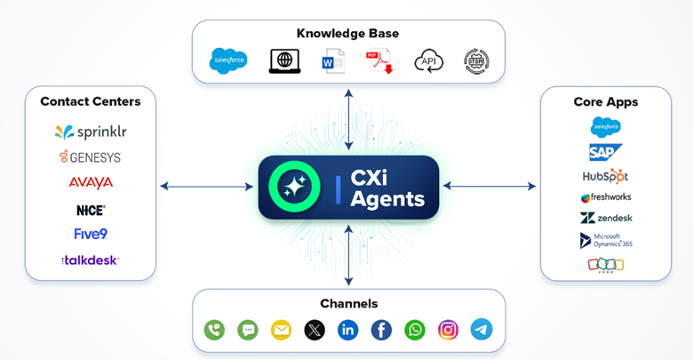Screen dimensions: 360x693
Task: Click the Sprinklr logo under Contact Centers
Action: [x=91, y=132]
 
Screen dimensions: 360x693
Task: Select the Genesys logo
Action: [x=91, y=157]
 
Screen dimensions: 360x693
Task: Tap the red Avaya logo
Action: [x=91, y=183]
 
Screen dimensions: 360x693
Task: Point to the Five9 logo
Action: [x=91, y=235]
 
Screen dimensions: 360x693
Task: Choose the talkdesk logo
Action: [x=91, y=260]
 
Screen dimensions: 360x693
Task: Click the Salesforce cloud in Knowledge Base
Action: [x=228, y=61]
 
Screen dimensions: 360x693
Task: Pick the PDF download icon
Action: [x=379, y=61]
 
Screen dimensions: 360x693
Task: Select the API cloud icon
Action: [x=428, y=61]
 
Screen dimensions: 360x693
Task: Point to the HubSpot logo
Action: [x=605, y=175]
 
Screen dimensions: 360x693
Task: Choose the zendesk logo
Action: [x=606, y=218]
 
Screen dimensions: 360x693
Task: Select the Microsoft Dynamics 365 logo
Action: [x=606, y=241]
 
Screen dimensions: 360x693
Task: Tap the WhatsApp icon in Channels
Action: [x=415, y=330]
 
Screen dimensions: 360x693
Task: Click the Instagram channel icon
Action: [x=449, y=330]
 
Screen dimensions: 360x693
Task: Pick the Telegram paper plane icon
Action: [x=482, y=330]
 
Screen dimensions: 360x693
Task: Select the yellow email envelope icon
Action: [x=281, y=330]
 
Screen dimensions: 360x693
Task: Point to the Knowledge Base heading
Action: [x=347, y=34]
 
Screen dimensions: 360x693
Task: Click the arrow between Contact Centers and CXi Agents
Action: [x=206, y=187]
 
